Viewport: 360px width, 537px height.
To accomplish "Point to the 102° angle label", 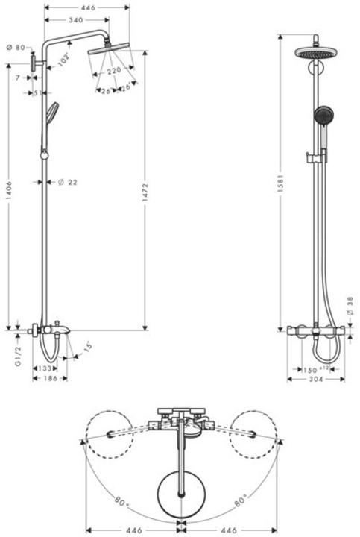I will [x=66, y=59].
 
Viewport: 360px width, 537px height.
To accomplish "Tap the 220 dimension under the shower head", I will [x=114, y=70].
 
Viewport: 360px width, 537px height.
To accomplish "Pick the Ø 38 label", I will [x=350, y=305].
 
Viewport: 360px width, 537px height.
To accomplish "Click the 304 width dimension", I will [x=316, y=379].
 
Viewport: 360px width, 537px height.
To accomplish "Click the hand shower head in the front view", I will [x=323, y=115].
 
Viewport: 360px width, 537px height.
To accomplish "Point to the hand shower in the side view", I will [x=51, y=112].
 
